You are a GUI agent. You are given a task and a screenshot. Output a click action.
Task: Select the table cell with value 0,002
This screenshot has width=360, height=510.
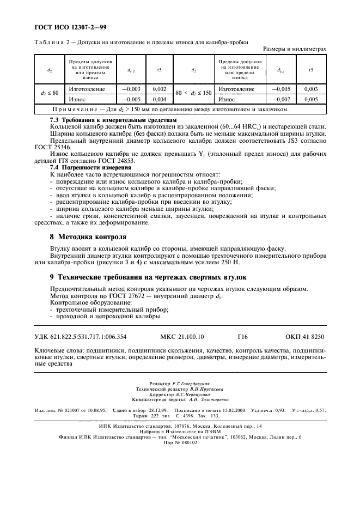point(159,89)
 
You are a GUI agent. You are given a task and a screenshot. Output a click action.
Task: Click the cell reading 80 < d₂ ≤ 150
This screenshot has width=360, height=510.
point(193,94)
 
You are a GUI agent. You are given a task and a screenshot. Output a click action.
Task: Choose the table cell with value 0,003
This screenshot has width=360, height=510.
point(310,89)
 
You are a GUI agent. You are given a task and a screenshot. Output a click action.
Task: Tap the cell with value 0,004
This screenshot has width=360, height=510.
point(159,100)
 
